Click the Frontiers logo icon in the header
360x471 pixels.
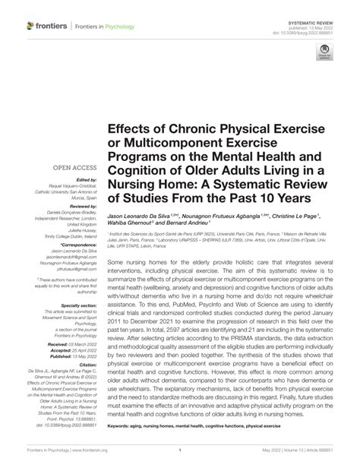(30, 26)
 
